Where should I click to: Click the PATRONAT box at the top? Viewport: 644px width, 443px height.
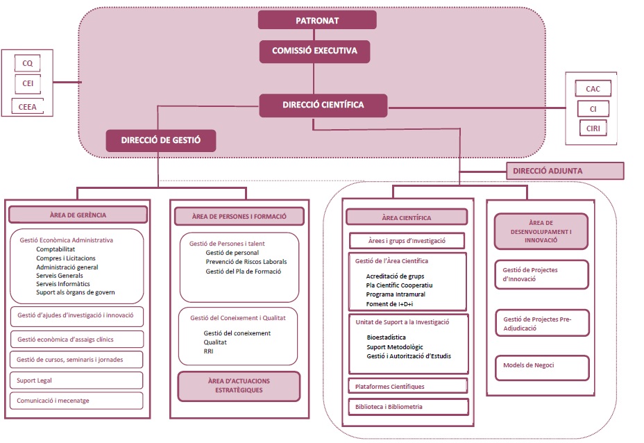317,20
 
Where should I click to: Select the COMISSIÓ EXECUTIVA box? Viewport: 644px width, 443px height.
314,51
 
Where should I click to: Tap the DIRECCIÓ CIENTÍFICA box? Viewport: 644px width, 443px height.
323,106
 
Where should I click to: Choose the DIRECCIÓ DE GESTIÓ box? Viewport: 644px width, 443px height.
160,140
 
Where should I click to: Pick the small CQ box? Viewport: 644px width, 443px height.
28,64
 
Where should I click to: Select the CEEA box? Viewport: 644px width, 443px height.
28,107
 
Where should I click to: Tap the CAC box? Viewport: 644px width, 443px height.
593,89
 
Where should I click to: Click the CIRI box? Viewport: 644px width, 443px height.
593,129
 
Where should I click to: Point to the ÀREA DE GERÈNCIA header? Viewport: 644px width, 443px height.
78,215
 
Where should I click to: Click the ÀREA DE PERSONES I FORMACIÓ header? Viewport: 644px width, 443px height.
239,216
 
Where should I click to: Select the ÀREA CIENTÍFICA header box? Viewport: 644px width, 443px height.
407,217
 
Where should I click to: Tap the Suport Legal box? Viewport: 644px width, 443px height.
76,381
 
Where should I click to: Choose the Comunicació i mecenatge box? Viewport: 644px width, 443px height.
76,401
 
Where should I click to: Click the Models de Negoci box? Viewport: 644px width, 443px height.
542,366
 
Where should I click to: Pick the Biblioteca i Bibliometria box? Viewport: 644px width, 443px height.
407,407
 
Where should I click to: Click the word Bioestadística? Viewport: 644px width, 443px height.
387,337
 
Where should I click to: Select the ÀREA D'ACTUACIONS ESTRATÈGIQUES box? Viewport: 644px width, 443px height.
239,386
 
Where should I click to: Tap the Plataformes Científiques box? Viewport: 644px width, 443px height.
407,386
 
